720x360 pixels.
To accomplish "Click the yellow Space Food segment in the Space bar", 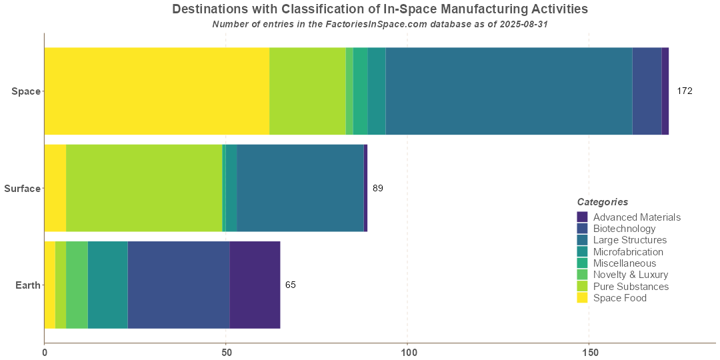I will [x=157, y=91].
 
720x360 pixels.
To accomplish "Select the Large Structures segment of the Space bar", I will [x=509, y=91].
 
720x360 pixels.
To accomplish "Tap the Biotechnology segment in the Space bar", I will [x=647, y=91].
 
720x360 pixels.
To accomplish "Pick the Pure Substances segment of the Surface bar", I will [x=144, y=188].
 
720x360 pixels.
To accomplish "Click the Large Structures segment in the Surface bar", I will [x=300, y=188].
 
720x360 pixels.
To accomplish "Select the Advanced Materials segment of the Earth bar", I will [x=255, y=285].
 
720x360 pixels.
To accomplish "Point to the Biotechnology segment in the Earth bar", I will [x=179, y=285].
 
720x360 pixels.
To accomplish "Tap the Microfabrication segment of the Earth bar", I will [x=107, y=285].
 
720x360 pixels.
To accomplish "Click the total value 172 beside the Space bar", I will [x=685, y=91].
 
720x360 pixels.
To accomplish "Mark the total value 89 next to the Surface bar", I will [x=378, y=188].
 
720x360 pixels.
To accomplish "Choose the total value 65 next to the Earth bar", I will [x=291, y=285].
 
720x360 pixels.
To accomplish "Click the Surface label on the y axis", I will [x=22, y=189].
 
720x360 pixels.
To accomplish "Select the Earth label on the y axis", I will [x=28, y=285].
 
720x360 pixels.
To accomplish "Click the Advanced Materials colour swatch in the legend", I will [x=582, y=217].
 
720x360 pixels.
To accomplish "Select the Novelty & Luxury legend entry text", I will [x=630, y=275].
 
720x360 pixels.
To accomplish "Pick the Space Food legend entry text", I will [x=619, y=298].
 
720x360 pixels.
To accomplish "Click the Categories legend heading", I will [x=602, y=202].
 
